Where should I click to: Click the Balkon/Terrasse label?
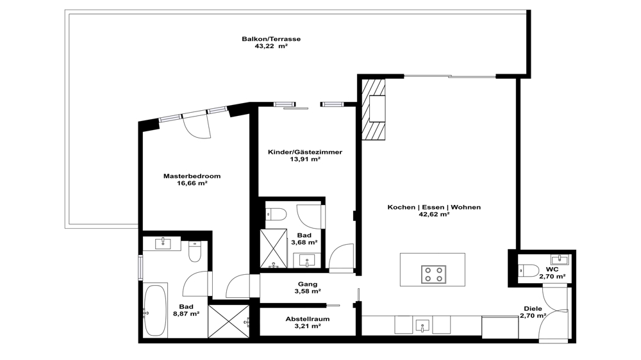(271, 39)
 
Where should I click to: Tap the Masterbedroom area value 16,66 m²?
(192, 183)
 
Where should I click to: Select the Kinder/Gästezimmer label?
(305, 152)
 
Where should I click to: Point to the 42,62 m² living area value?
(434, 214)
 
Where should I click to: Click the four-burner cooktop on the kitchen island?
(433, 274)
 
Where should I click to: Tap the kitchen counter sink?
(422, 325)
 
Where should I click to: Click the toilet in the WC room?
(528, 270)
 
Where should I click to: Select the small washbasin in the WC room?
(559, 259)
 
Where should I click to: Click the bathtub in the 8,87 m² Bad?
(155, 311)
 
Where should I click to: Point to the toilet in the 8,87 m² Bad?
(195, 251)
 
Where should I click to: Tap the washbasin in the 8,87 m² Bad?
(163, 243)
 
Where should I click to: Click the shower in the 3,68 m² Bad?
(274, 249)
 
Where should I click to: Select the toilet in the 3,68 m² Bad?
(276, 214)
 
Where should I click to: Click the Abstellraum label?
(308, 319)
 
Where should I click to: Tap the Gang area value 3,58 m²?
(308, 291)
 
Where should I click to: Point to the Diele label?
(533, 309)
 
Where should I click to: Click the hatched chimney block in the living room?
(373, 110)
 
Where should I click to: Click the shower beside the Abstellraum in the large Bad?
(229, 321)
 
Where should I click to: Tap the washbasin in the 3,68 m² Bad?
(307, 260)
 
